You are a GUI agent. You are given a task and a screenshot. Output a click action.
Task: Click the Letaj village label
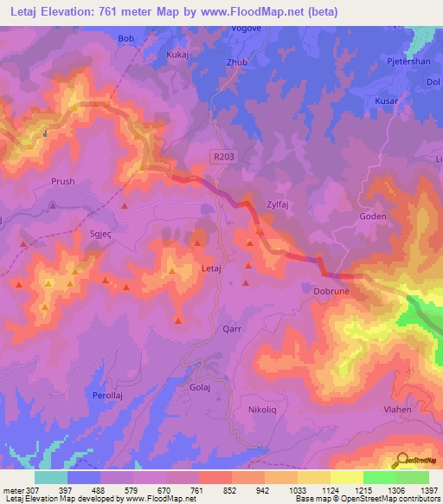pyautogui.click(x=211, y=269)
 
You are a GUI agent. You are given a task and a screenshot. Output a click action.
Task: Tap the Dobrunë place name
pyautogui.click(x=329, y=292)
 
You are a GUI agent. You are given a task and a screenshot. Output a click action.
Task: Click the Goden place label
pyautogui.click(x=372, y=218)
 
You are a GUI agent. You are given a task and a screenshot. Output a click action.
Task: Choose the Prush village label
pyautogui.click(x=63, y=182)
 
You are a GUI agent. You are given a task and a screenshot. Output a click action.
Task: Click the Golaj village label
pyautogui.click(x=201, y=389)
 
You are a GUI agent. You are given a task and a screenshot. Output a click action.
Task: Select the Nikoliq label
pyautogui.click(x=263, y=409)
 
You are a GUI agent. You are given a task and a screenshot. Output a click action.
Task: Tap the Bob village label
pyautogui.click(x=126, y=39)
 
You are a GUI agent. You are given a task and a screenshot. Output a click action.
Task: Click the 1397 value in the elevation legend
pyautogui.click(x=428, y=490)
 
